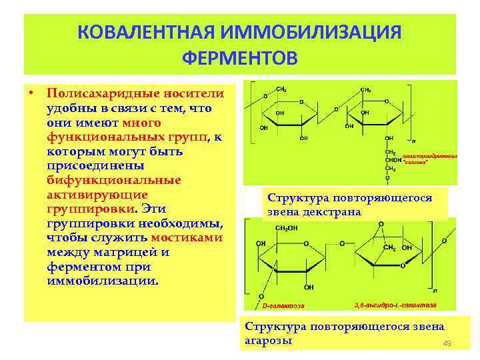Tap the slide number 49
[x=447, y=343]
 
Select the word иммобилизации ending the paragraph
[x=103, y=281]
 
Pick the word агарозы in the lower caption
[x=269, y=340]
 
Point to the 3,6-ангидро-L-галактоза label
[x=395, y=304]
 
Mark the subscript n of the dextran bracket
[x=414, y=141]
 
